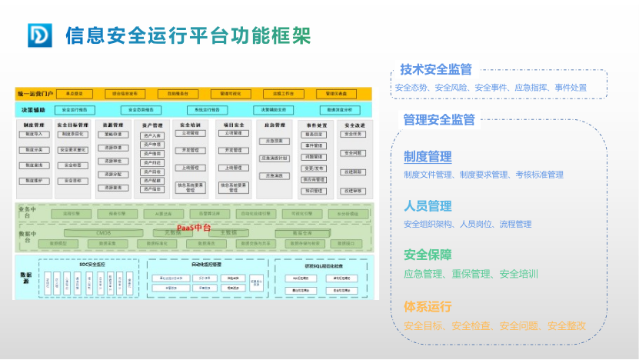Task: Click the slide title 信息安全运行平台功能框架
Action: (x=188, y=35)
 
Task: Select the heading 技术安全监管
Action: (x=436, y=69)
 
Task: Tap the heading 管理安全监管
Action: (x=439, y=119)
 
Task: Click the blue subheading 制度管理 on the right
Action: (x=428, y=157)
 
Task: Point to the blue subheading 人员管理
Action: (x=428, y=206)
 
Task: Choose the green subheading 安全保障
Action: (x=428, y=255)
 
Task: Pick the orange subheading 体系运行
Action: (x=428, y=306)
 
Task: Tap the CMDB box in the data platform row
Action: (x=104, y=232)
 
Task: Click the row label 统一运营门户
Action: (x=35, y=94)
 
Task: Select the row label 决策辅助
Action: (x=33, y=110)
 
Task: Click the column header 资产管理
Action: (x=152, y=125)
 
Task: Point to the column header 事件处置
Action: (x=317, y=125)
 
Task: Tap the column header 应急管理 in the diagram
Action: (x=275, y=125)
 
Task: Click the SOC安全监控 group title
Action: (x=92, y=264)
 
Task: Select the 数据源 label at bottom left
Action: (x=25, y=277)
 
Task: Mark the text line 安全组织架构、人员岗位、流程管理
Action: (x=467, y=224)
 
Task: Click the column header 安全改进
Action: (x=354, y=125)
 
